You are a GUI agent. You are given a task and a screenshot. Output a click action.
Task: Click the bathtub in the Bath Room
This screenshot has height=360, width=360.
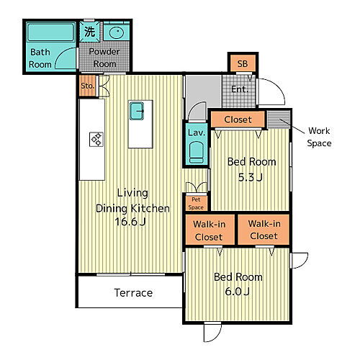coord(50,32)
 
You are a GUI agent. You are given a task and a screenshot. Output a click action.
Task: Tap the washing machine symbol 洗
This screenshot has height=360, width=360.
coord(89,32)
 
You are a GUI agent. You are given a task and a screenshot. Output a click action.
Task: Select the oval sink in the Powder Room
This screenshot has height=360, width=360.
coord(117,32)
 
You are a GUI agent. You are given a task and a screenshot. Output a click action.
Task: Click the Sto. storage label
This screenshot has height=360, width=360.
coord(87,86)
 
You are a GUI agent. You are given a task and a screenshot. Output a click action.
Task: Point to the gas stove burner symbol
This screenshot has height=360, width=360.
coord(96,139)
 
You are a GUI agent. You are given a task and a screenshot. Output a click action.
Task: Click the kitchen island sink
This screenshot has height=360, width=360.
coord(137,111)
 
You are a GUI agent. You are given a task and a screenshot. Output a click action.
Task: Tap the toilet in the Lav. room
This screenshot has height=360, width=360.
coord(197,152)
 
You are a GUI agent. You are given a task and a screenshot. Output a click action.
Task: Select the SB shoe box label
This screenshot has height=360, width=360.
coord(243,64)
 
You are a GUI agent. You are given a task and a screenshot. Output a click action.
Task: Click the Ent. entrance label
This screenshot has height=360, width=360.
coord(240,89)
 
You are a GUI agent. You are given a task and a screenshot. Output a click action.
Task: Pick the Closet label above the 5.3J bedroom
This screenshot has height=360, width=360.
coord(238,120)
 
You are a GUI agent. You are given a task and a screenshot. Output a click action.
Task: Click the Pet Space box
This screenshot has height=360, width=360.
coord(196,204)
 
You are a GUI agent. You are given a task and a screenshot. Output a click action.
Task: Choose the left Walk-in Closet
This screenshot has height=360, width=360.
coord(210,230)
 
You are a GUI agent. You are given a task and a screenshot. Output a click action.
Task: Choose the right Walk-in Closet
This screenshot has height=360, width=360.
coord(264,230)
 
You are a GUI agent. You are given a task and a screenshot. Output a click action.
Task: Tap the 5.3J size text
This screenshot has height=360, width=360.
coord(251,177)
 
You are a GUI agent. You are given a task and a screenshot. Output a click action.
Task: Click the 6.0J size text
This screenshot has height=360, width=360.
coord(237,292)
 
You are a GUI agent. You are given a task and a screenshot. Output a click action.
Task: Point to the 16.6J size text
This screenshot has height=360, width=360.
coord(130,222)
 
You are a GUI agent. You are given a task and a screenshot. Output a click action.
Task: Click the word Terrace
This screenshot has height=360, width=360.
coord(133,293)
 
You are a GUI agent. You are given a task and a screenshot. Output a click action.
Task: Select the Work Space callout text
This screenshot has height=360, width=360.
coord(320,137)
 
